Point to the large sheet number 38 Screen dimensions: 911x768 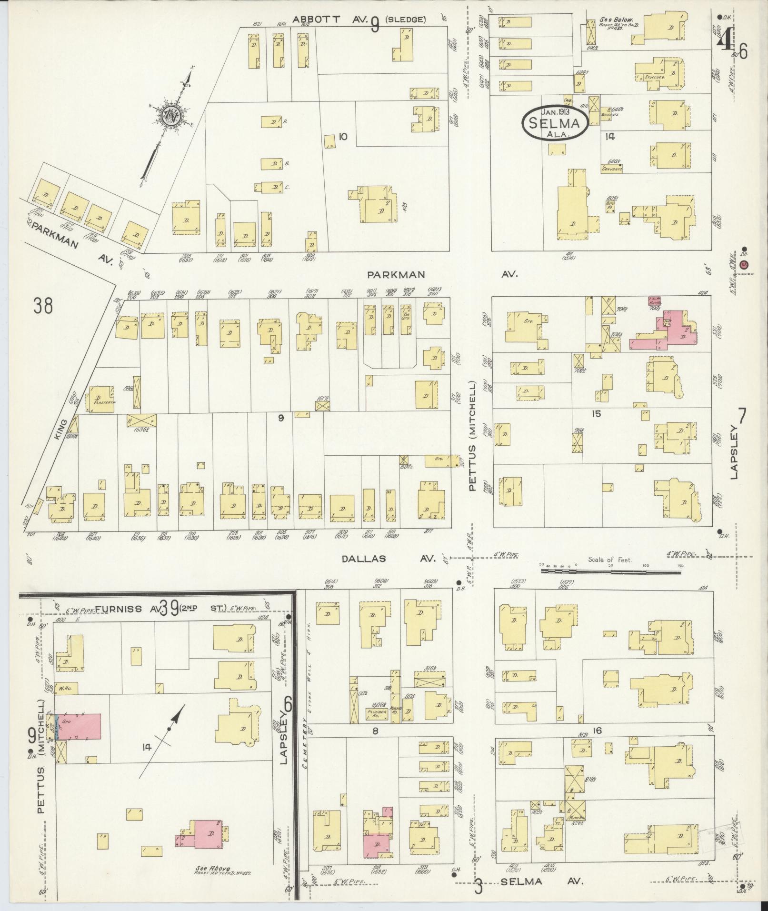[43, 306]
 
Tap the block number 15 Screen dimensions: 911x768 [596, 414]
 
